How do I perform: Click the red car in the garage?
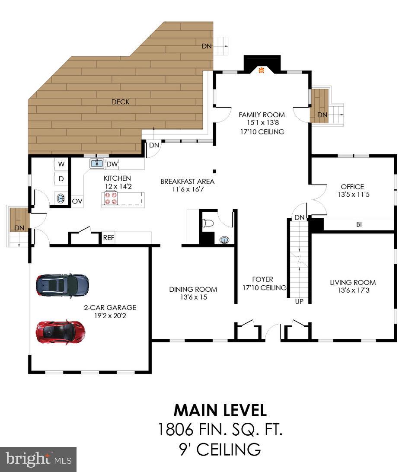point(61,332)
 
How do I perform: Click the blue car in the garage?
point(62,285)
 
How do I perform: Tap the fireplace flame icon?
point(262,70)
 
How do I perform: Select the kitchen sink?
point(97,164)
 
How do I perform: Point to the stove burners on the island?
point(111,198)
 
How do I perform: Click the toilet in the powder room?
point(208,223)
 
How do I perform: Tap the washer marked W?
point(61,164)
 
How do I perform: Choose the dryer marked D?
point(61,179)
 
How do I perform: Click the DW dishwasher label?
point(112,164)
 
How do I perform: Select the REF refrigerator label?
point(109,237)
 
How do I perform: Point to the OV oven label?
point(77,201)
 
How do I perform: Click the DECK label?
point(120,102)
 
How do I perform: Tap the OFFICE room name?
point(352,187)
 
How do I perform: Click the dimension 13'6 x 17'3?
point(353,290)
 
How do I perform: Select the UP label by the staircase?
point(299,301)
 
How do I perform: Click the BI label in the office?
point(359,224)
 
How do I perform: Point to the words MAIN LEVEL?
point(220,410)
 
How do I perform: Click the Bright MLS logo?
point(38,459)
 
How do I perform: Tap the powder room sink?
point(224,240)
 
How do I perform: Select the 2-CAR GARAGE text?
point(110,308)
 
